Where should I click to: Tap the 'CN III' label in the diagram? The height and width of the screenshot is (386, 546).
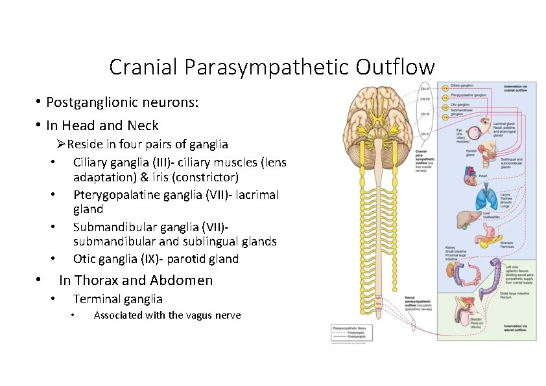(x=425, y=88)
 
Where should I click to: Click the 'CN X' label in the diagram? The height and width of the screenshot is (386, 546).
(x=425, y=134)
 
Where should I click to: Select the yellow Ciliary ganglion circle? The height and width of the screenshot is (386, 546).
(x=445, y=86)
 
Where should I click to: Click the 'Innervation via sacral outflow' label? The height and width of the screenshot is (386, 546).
(x=519, y=327)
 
